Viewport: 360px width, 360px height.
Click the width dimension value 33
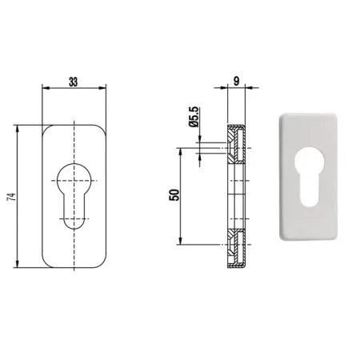(73, 82)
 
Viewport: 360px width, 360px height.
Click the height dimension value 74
(11, 197)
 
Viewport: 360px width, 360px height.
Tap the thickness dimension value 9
(236, 82)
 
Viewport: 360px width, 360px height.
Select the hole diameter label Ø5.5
(194, 117)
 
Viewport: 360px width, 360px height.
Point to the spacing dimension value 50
(174, 195)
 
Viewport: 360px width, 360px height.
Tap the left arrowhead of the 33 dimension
(46, 88)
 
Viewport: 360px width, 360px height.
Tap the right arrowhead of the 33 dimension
(102, 88)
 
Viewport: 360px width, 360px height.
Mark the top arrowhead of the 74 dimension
(18, 129)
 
